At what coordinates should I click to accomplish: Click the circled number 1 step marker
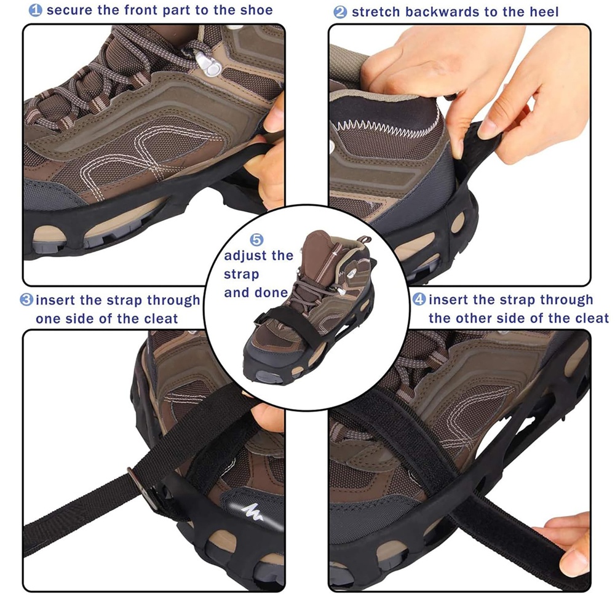(x=35, y=10)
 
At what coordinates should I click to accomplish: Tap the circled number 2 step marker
(x=340, y=12)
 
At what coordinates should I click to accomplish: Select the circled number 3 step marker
(x=26, y=300)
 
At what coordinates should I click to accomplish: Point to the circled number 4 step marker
(x=419, y=300)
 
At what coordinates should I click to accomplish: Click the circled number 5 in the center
(x=256, y=240)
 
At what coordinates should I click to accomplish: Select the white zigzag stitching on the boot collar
(x=386, y=129)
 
